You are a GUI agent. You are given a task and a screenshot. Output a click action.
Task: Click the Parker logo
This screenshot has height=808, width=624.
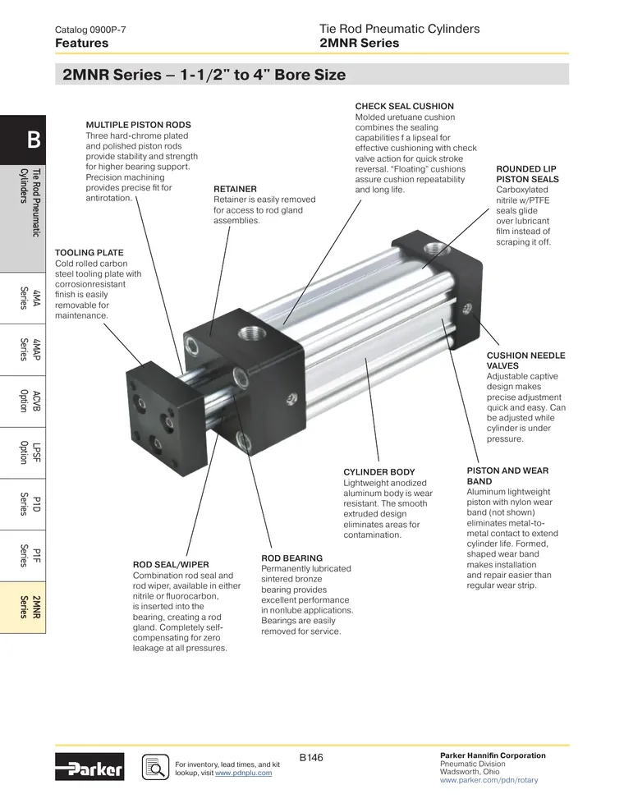89,767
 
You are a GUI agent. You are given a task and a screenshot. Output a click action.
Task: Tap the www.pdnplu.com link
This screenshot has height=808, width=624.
243,773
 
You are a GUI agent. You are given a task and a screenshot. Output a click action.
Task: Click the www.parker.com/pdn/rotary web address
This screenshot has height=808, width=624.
489,780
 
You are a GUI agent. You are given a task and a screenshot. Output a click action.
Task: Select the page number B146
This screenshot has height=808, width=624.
311,757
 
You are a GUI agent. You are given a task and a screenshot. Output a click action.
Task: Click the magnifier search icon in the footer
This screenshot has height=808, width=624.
156,767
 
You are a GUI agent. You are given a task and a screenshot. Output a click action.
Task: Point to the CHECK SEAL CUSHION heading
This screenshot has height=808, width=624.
405,106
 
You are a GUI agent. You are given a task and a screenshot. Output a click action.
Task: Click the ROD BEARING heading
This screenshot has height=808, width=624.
291,558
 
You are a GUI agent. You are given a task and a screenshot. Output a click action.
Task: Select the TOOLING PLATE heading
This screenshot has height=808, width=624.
89,253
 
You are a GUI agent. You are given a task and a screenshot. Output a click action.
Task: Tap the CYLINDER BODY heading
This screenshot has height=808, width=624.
379,472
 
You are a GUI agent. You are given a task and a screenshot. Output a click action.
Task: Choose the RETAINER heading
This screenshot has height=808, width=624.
235,189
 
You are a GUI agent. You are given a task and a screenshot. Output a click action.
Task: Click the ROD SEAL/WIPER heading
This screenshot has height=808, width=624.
171,565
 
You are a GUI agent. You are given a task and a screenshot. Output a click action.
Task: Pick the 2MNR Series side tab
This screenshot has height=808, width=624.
23,608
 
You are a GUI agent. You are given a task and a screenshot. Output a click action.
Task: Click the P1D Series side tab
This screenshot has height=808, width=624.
23,504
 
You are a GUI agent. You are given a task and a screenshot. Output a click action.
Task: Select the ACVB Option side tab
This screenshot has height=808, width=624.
23,402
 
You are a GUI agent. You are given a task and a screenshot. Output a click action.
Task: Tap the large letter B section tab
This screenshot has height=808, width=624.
23,140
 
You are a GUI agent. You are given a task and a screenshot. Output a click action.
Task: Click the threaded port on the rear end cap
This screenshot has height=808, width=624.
434,250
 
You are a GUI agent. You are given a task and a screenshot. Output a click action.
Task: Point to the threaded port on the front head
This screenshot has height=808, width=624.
251,337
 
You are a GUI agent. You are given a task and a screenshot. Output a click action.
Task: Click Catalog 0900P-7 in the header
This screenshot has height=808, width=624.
90,30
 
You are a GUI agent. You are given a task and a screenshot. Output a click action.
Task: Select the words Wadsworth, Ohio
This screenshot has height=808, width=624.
470,772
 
